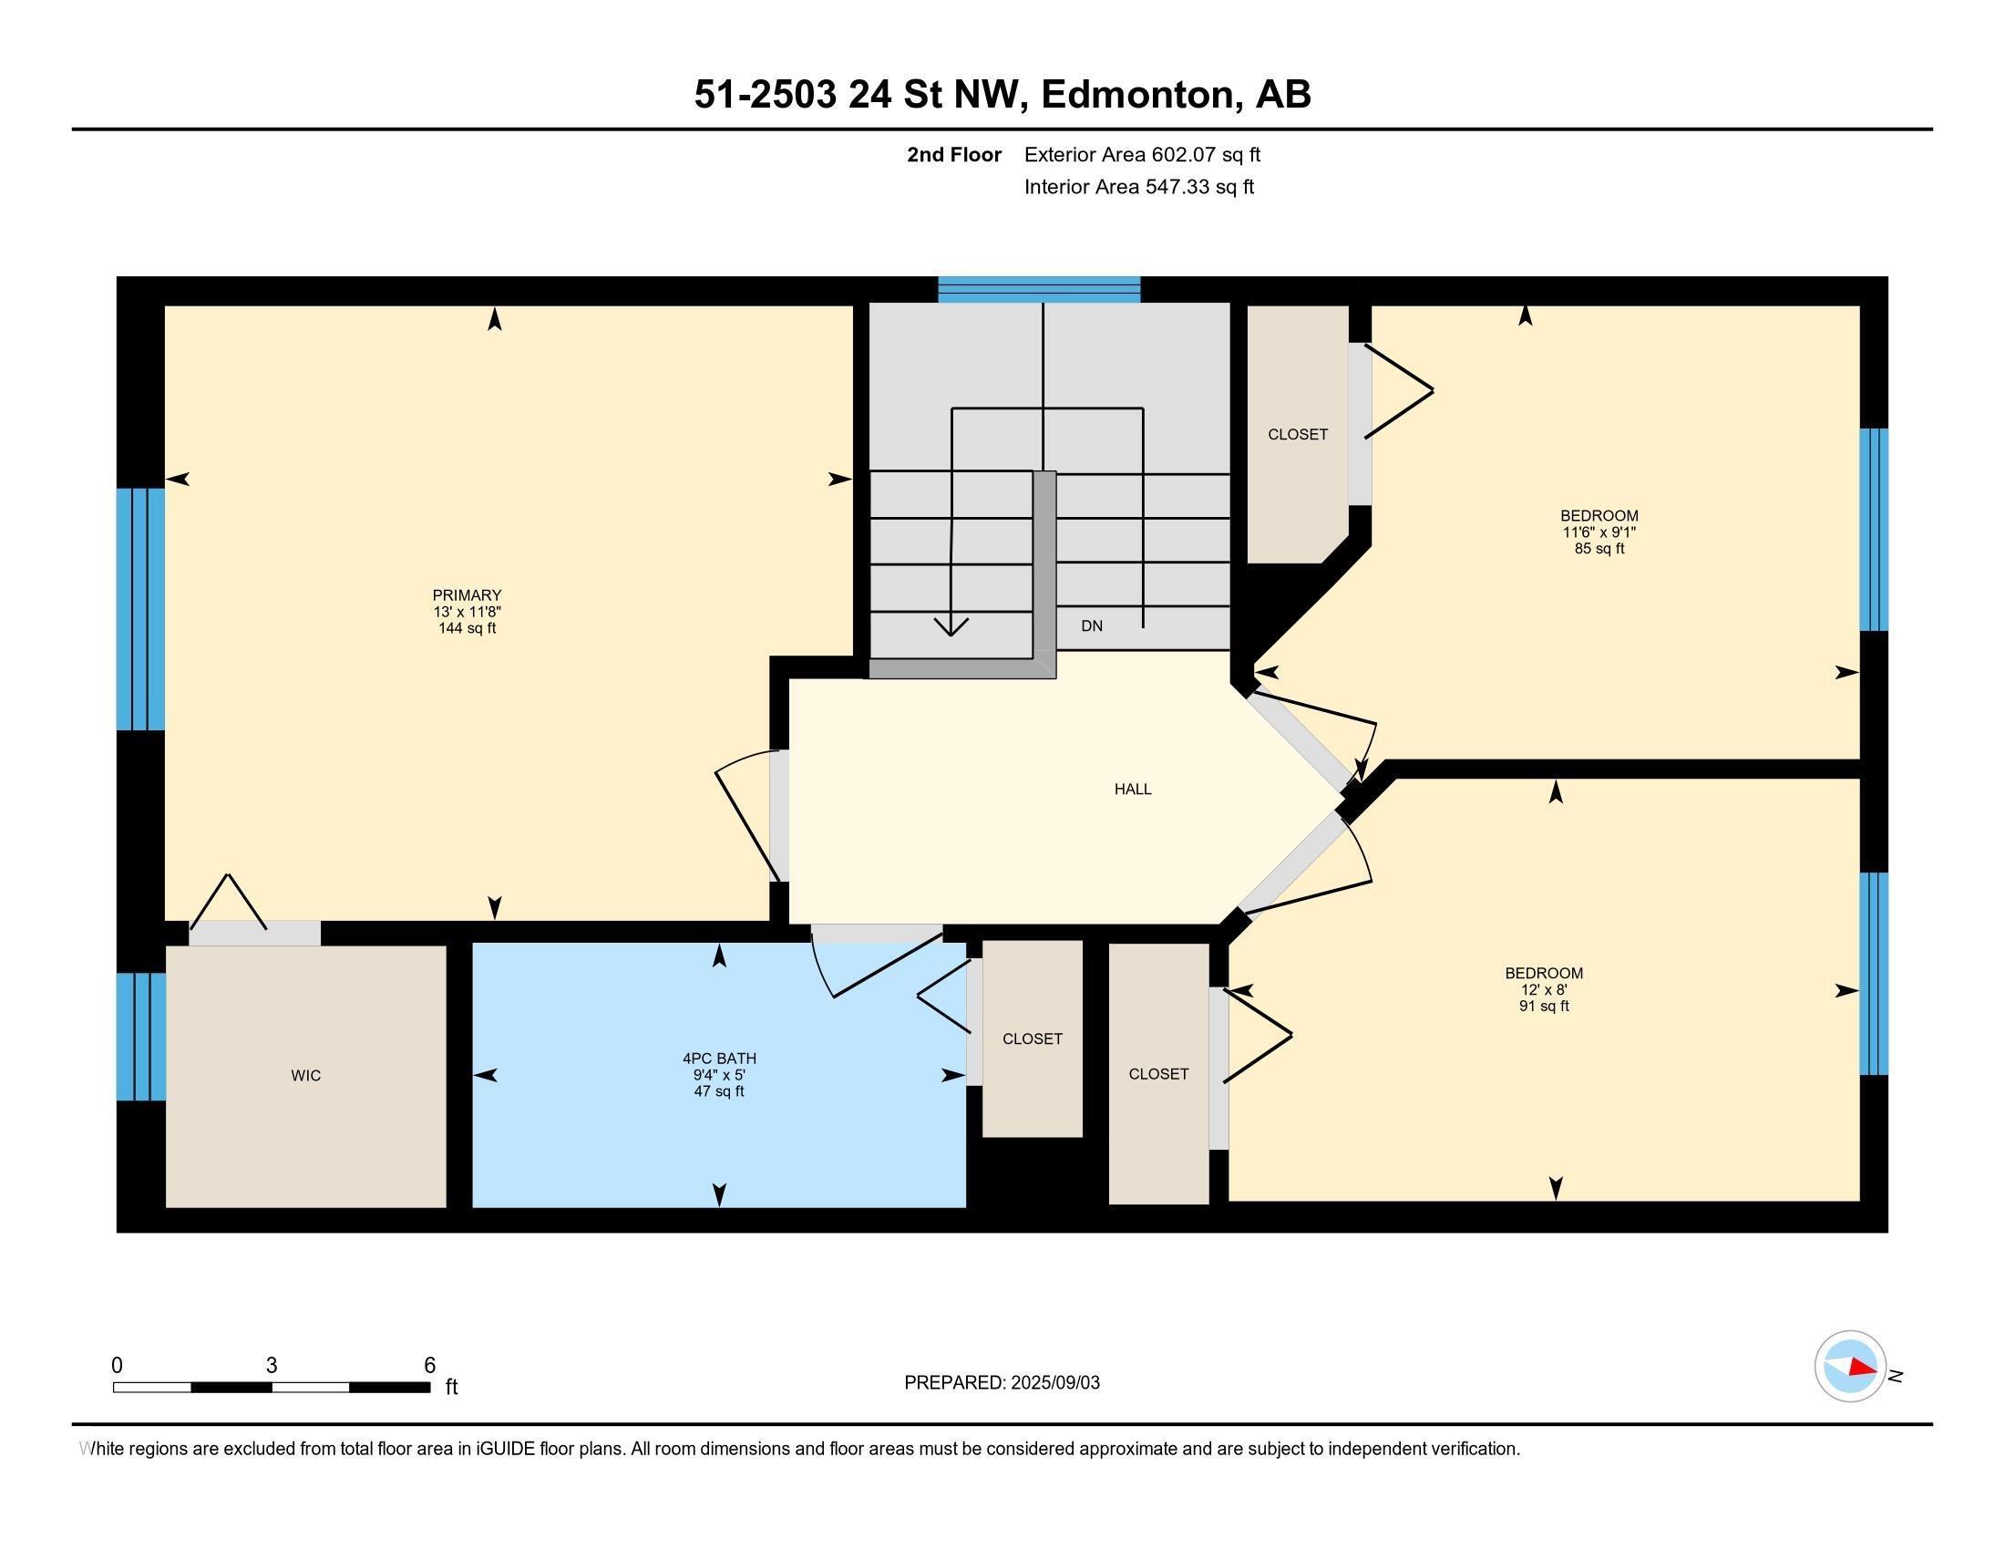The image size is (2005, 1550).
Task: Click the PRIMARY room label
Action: pyautogui.click(x=467, y=595)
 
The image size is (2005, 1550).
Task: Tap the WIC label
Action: pyautogui.click(x=305, y=1075)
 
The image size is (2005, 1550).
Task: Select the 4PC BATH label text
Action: pyautogui.click(x=719, y=1058)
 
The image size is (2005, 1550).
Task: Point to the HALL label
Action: pyautogui.click(x=1132, y=789)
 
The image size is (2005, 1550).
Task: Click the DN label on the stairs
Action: pyautogui.click(x=1092, y=626)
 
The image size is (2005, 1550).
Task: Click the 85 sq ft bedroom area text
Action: pyautogui.click(x=1599, y=549)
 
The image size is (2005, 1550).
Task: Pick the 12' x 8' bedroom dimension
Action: pyautogui.click(x=1543, y=990)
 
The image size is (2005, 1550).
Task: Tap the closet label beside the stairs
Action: pyautogui.click(x=1297, y=434)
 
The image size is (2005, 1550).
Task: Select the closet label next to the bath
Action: pyautogui.click(x=1032, y=1038)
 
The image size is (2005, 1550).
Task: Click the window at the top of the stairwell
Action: pyautogui.click(x=1038, y=289)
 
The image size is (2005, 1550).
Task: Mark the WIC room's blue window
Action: pyautogui.click(x=140, y=1036)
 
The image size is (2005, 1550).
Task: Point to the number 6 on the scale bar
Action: pyautogui.click(x=429, y=1366)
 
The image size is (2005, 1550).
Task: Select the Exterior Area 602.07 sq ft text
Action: pyautogui.click(x=1141, y=154)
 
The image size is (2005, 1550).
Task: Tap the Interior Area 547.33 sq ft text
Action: pyautogui.click(x=1138, y=187)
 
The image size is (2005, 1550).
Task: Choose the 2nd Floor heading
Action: pyautogui.click(x=954, y=154)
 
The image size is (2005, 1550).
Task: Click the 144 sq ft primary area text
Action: pyautogui.click(x=467, y=629)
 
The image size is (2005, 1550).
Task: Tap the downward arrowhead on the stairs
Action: pyautogui.click(x=951, y=627)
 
